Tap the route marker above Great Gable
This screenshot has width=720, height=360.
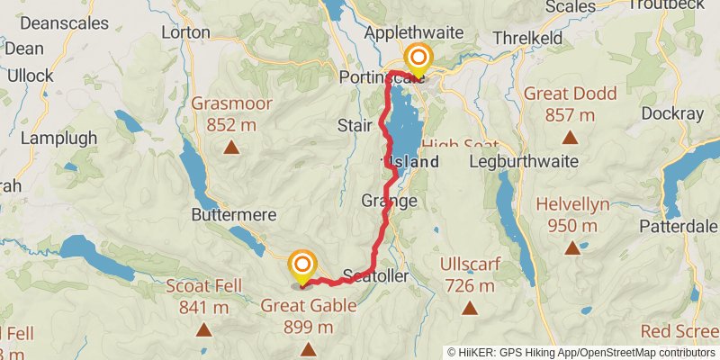click(303, 265)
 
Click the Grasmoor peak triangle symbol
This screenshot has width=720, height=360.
click(231, 148)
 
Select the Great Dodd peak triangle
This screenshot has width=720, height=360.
click(570, 138)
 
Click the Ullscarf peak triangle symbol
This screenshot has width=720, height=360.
click(469, 309)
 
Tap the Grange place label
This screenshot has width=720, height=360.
click(389, 201)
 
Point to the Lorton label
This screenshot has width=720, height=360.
click(185, 31)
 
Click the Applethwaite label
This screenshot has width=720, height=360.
click(413, 33)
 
